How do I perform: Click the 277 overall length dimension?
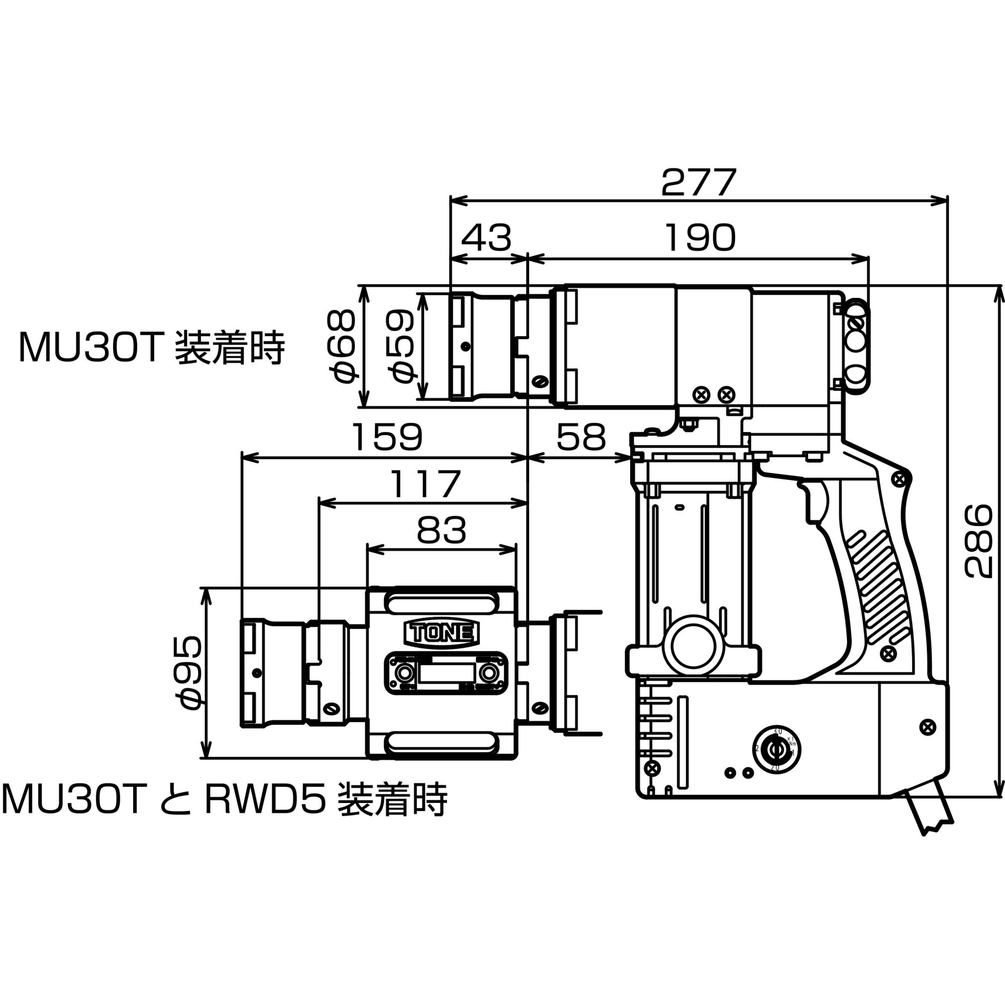pyautogui.click(x=698, y=182)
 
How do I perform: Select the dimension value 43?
pyautogui.click(x=486, y=238)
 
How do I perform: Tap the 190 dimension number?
pyautogui.click(x=700, y=238)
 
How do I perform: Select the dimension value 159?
pyautogui.click(x=387, y=437)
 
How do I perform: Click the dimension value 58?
pyautogui.click(x=580, y=437)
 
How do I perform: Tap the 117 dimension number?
pyautogui.click(x=425, y=484)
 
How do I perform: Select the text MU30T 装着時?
pyautogui.click(x=151, y=348)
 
